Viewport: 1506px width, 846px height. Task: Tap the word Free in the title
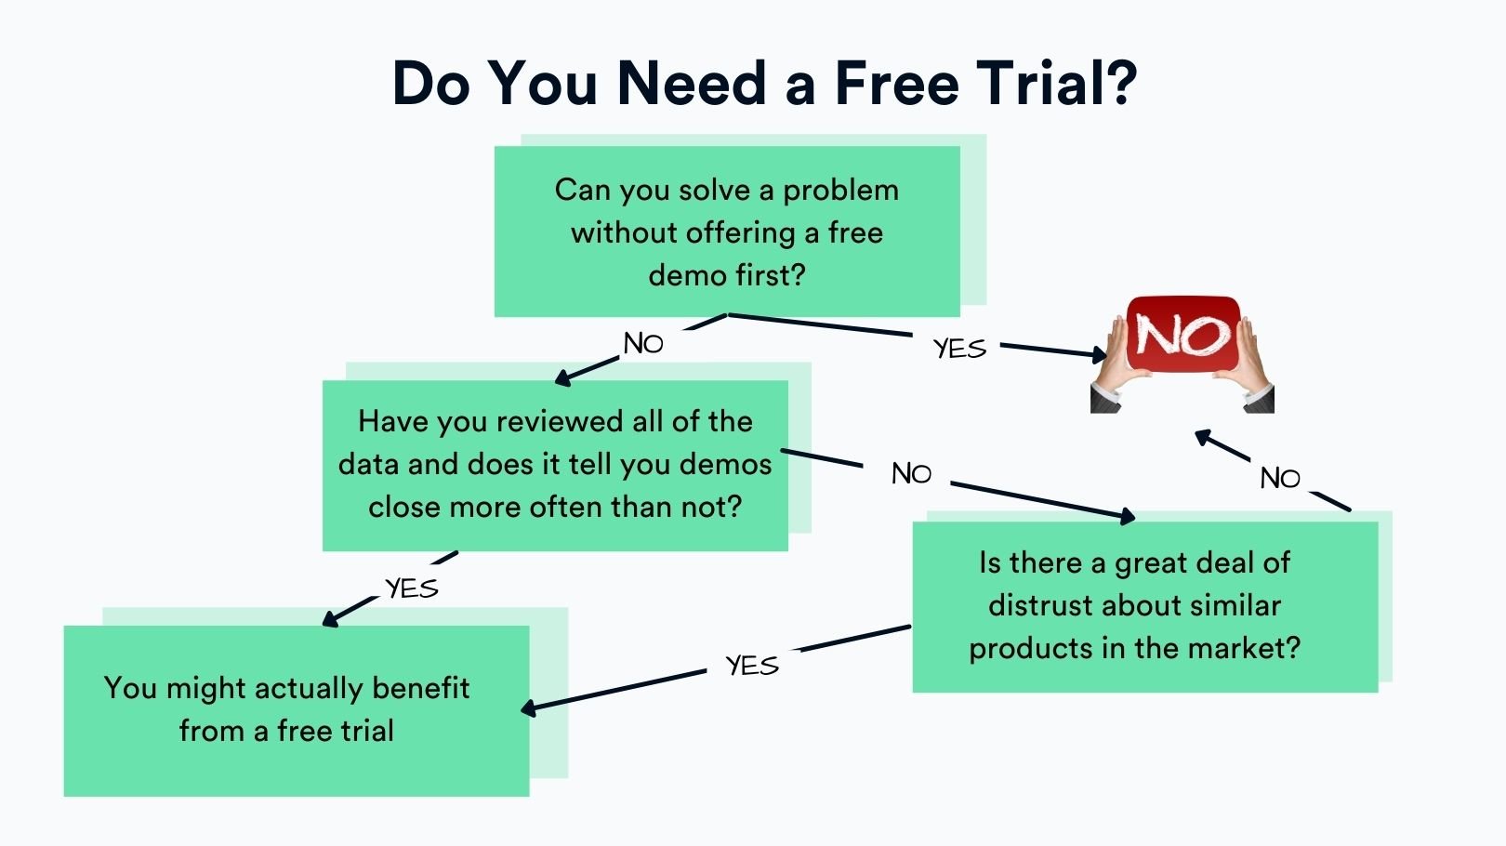[897, 83]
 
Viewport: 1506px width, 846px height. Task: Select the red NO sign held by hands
[1183, 334]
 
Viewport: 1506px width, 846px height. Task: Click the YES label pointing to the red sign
[960, 349]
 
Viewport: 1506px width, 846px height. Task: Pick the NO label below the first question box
[643, 344]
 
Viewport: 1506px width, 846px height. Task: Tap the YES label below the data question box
[412, 588]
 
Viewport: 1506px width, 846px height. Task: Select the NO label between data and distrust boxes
[911, 474]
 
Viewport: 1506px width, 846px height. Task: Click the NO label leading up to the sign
[1279, 479]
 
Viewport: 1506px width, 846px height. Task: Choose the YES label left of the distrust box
[752, 666]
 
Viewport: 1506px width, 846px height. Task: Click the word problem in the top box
[841, 191]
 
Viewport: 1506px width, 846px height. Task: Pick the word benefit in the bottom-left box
[421, 688]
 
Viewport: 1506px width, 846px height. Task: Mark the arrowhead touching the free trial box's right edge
[529, 707]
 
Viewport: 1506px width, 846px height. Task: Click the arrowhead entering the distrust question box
[1127, 516]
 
